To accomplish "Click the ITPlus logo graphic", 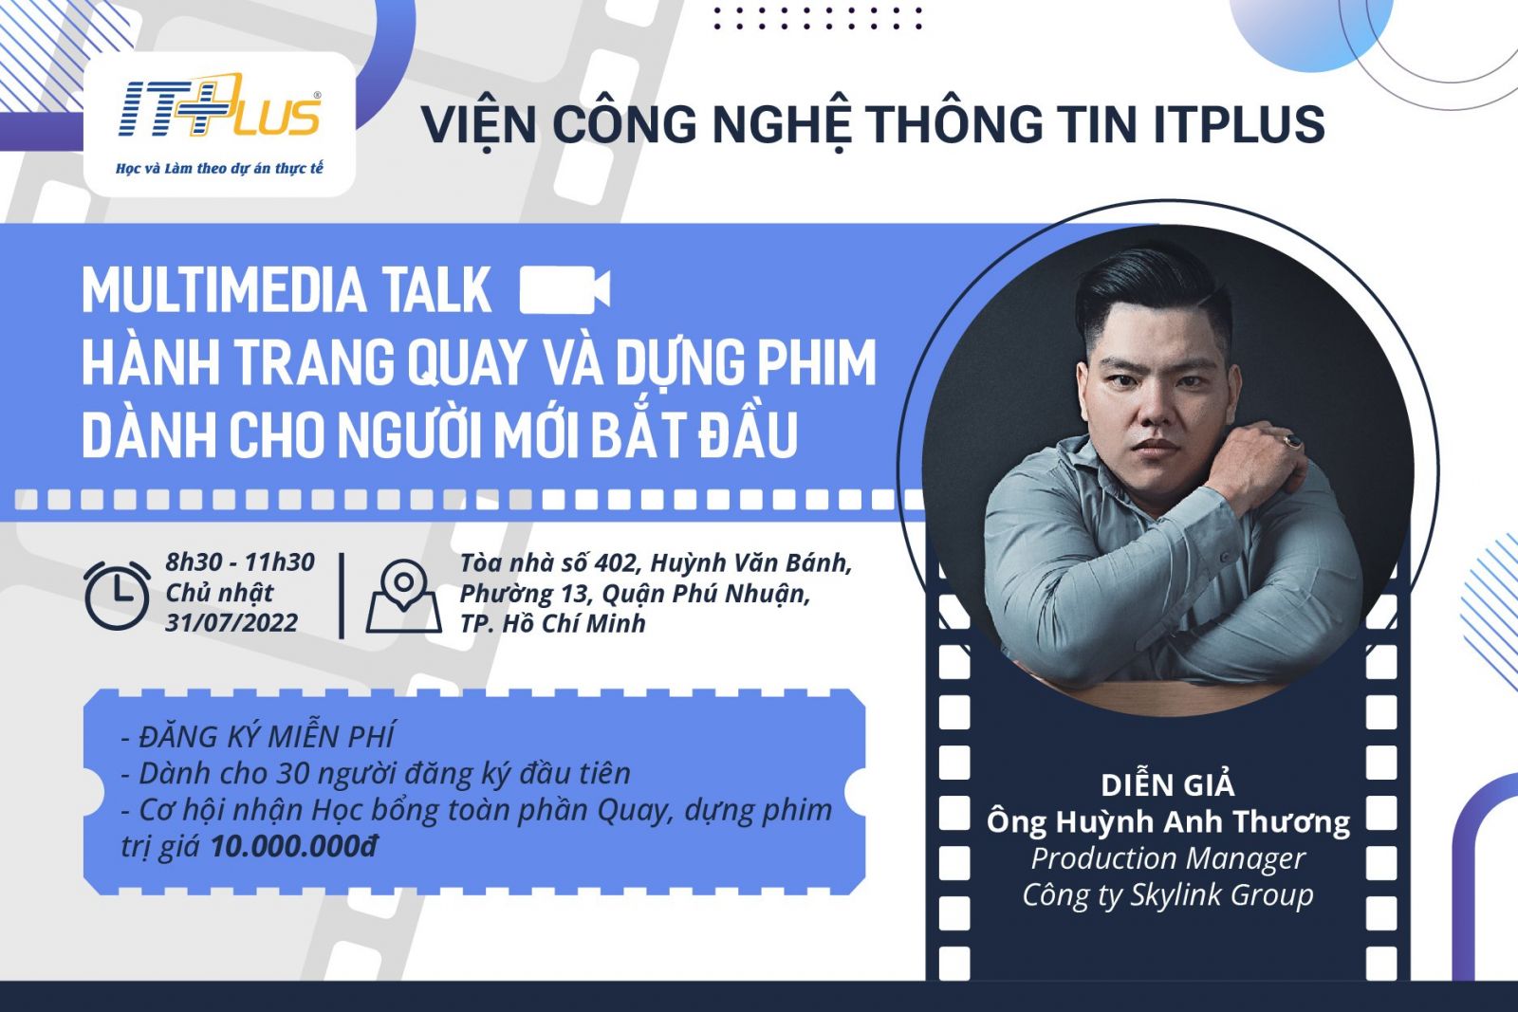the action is click(219, 108).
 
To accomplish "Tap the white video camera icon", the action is click(565, 290).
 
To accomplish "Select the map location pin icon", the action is click(404, 596).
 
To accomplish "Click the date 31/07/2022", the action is click(231, 623).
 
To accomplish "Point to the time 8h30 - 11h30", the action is click(241, 562).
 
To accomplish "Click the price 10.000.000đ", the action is click(294, 846).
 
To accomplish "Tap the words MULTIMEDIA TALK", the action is click(287, 290).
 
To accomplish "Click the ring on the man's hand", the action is click(1292, 442).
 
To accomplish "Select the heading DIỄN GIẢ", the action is click(1168, 785).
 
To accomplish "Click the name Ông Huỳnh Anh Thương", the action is click(1168, 821).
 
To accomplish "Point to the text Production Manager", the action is click(1168, 859).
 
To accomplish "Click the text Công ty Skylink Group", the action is click(1168, 894).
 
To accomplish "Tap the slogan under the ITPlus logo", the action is click(219, 168).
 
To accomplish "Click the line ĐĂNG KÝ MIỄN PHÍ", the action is click(257, 736).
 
